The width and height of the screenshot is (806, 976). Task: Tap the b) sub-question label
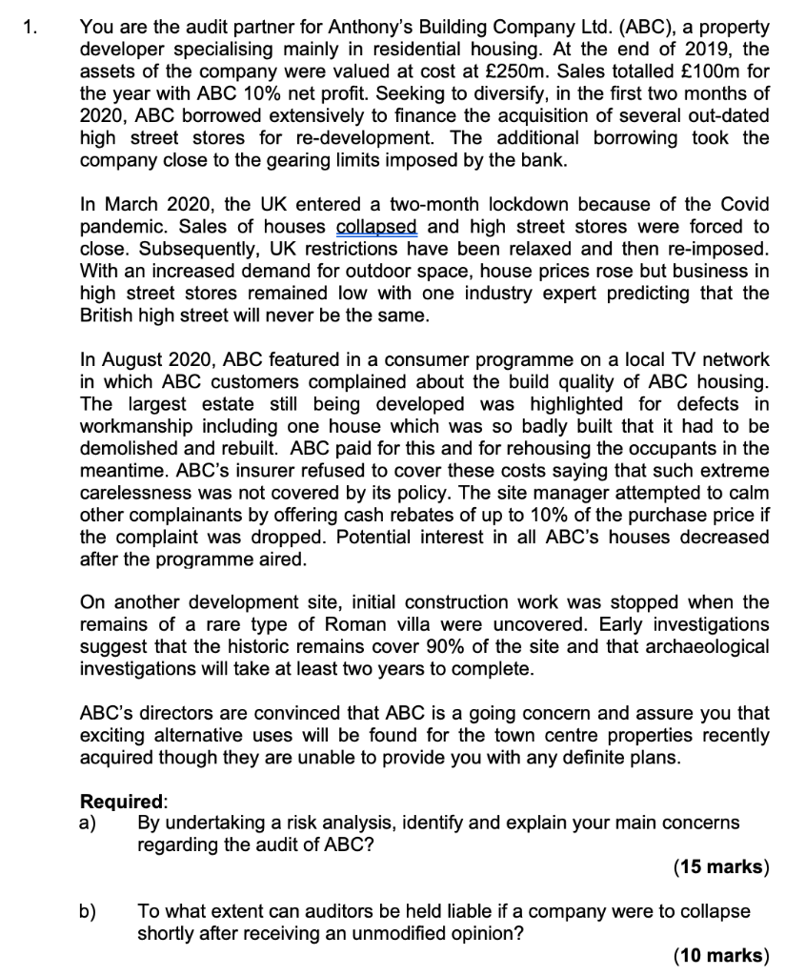tap(89, 911)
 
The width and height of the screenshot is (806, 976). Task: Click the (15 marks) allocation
tap(720, 866)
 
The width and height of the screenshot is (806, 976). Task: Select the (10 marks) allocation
tap(720, 955)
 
